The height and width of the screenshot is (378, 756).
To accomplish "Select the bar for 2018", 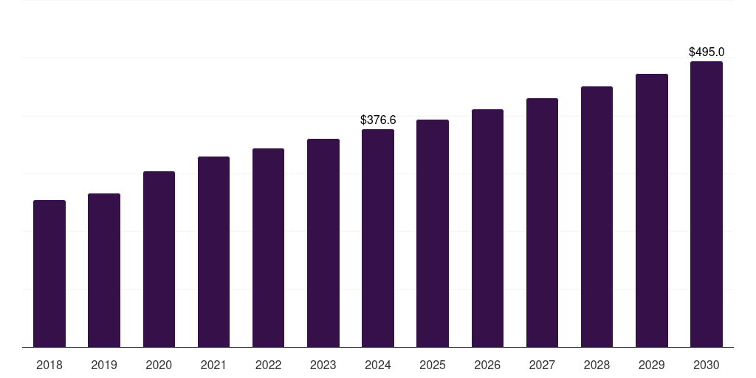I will tap(49, 273).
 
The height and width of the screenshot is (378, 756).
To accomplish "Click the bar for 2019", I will tap(104, 270).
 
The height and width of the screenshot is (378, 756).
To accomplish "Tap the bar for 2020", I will tap(159, 259).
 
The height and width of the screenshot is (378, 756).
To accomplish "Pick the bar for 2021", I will tap(213, 252).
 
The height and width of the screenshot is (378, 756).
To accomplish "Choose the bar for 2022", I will tap(268, 247).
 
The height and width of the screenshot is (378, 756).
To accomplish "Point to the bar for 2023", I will tap(323, 243).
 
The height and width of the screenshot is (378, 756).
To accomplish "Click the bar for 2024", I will tap(378, 238).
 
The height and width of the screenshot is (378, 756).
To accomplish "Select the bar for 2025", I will tap(433, 233).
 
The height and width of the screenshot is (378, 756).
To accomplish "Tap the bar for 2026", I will tap(487, 228).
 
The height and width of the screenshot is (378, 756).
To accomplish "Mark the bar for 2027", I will tap(542, 222).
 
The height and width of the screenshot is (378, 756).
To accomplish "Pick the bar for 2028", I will tap(597, 216).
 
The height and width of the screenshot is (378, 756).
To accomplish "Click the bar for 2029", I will tap(652, 210).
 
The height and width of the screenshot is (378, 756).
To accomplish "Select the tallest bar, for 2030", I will tap(707, 204).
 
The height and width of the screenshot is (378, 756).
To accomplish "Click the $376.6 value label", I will tap(378, 120).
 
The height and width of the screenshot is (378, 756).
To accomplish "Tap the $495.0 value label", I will tap(707, 52).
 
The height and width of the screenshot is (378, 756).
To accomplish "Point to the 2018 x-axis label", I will tap(49, 365).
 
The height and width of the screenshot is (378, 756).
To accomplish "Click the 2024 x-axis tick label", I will tap(378, 365).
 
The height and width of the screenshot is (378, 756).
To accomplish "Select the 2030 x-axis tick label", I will tap(707, 365).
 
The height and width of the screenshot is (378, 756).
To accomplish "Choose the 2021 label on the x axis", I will tap(213, 365).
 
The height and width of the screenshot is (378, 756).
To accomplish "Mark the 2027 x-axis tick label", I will tap(542, 365).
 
